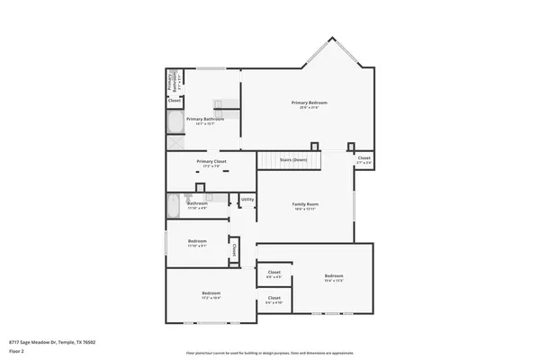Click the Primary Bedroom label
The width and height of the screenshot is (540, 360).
click(309, 103)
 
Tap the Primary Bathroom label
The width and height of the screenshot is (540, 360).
click(204, 119)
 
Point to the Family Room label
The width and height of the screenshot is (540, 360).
click(305, 205)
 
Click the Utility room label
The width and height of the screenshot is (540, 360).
click(247, 200)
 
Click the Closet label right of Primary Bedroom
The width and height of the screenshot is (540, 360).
click(364, 158)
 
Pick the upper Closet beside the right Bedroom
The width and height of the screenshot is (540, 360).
click(274, 274)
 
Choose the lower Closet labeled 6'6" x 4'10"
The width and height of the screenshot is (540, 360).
click(274, 299)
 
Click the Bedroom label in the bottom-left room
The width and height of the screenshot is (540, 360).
click(211, 294)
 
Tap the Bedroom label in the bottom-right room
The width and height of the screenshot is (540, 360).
click(333, 276)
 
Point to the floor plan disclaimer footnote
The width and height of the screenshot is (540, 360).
click(269, 353)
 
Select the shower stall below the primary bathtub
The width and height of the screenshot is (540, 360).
click(174, 140)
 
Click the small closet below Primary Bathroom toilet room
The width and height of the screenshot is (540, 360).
click(175, 101)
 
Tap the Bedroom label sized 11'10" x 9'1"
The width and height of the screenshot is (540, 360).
click(197, 242)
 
